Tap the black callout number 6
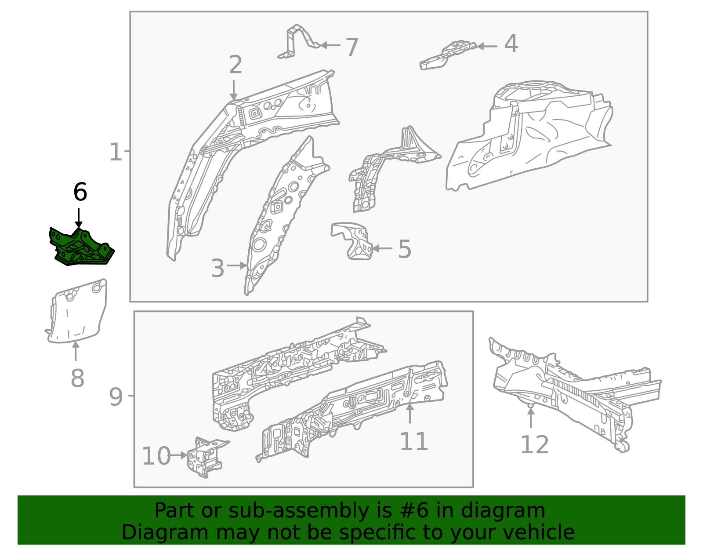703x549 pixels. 80,192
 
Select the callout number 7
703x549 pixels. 351,47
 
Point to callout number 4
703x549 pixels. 511,44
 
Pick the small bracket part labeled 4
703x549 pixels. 448,56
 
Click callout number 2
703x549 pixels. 236,65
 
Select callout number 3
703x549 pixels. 217,268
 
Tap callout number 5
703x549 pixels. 404,249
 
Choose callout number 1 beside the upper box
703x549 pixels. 115,152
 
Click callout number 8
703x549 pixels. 77,378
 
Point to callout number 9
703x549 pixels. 116,397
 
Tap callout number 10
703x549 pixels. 156,456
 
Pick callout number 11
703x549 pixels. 414,441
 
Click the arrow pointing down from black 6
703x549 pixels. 79,218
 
